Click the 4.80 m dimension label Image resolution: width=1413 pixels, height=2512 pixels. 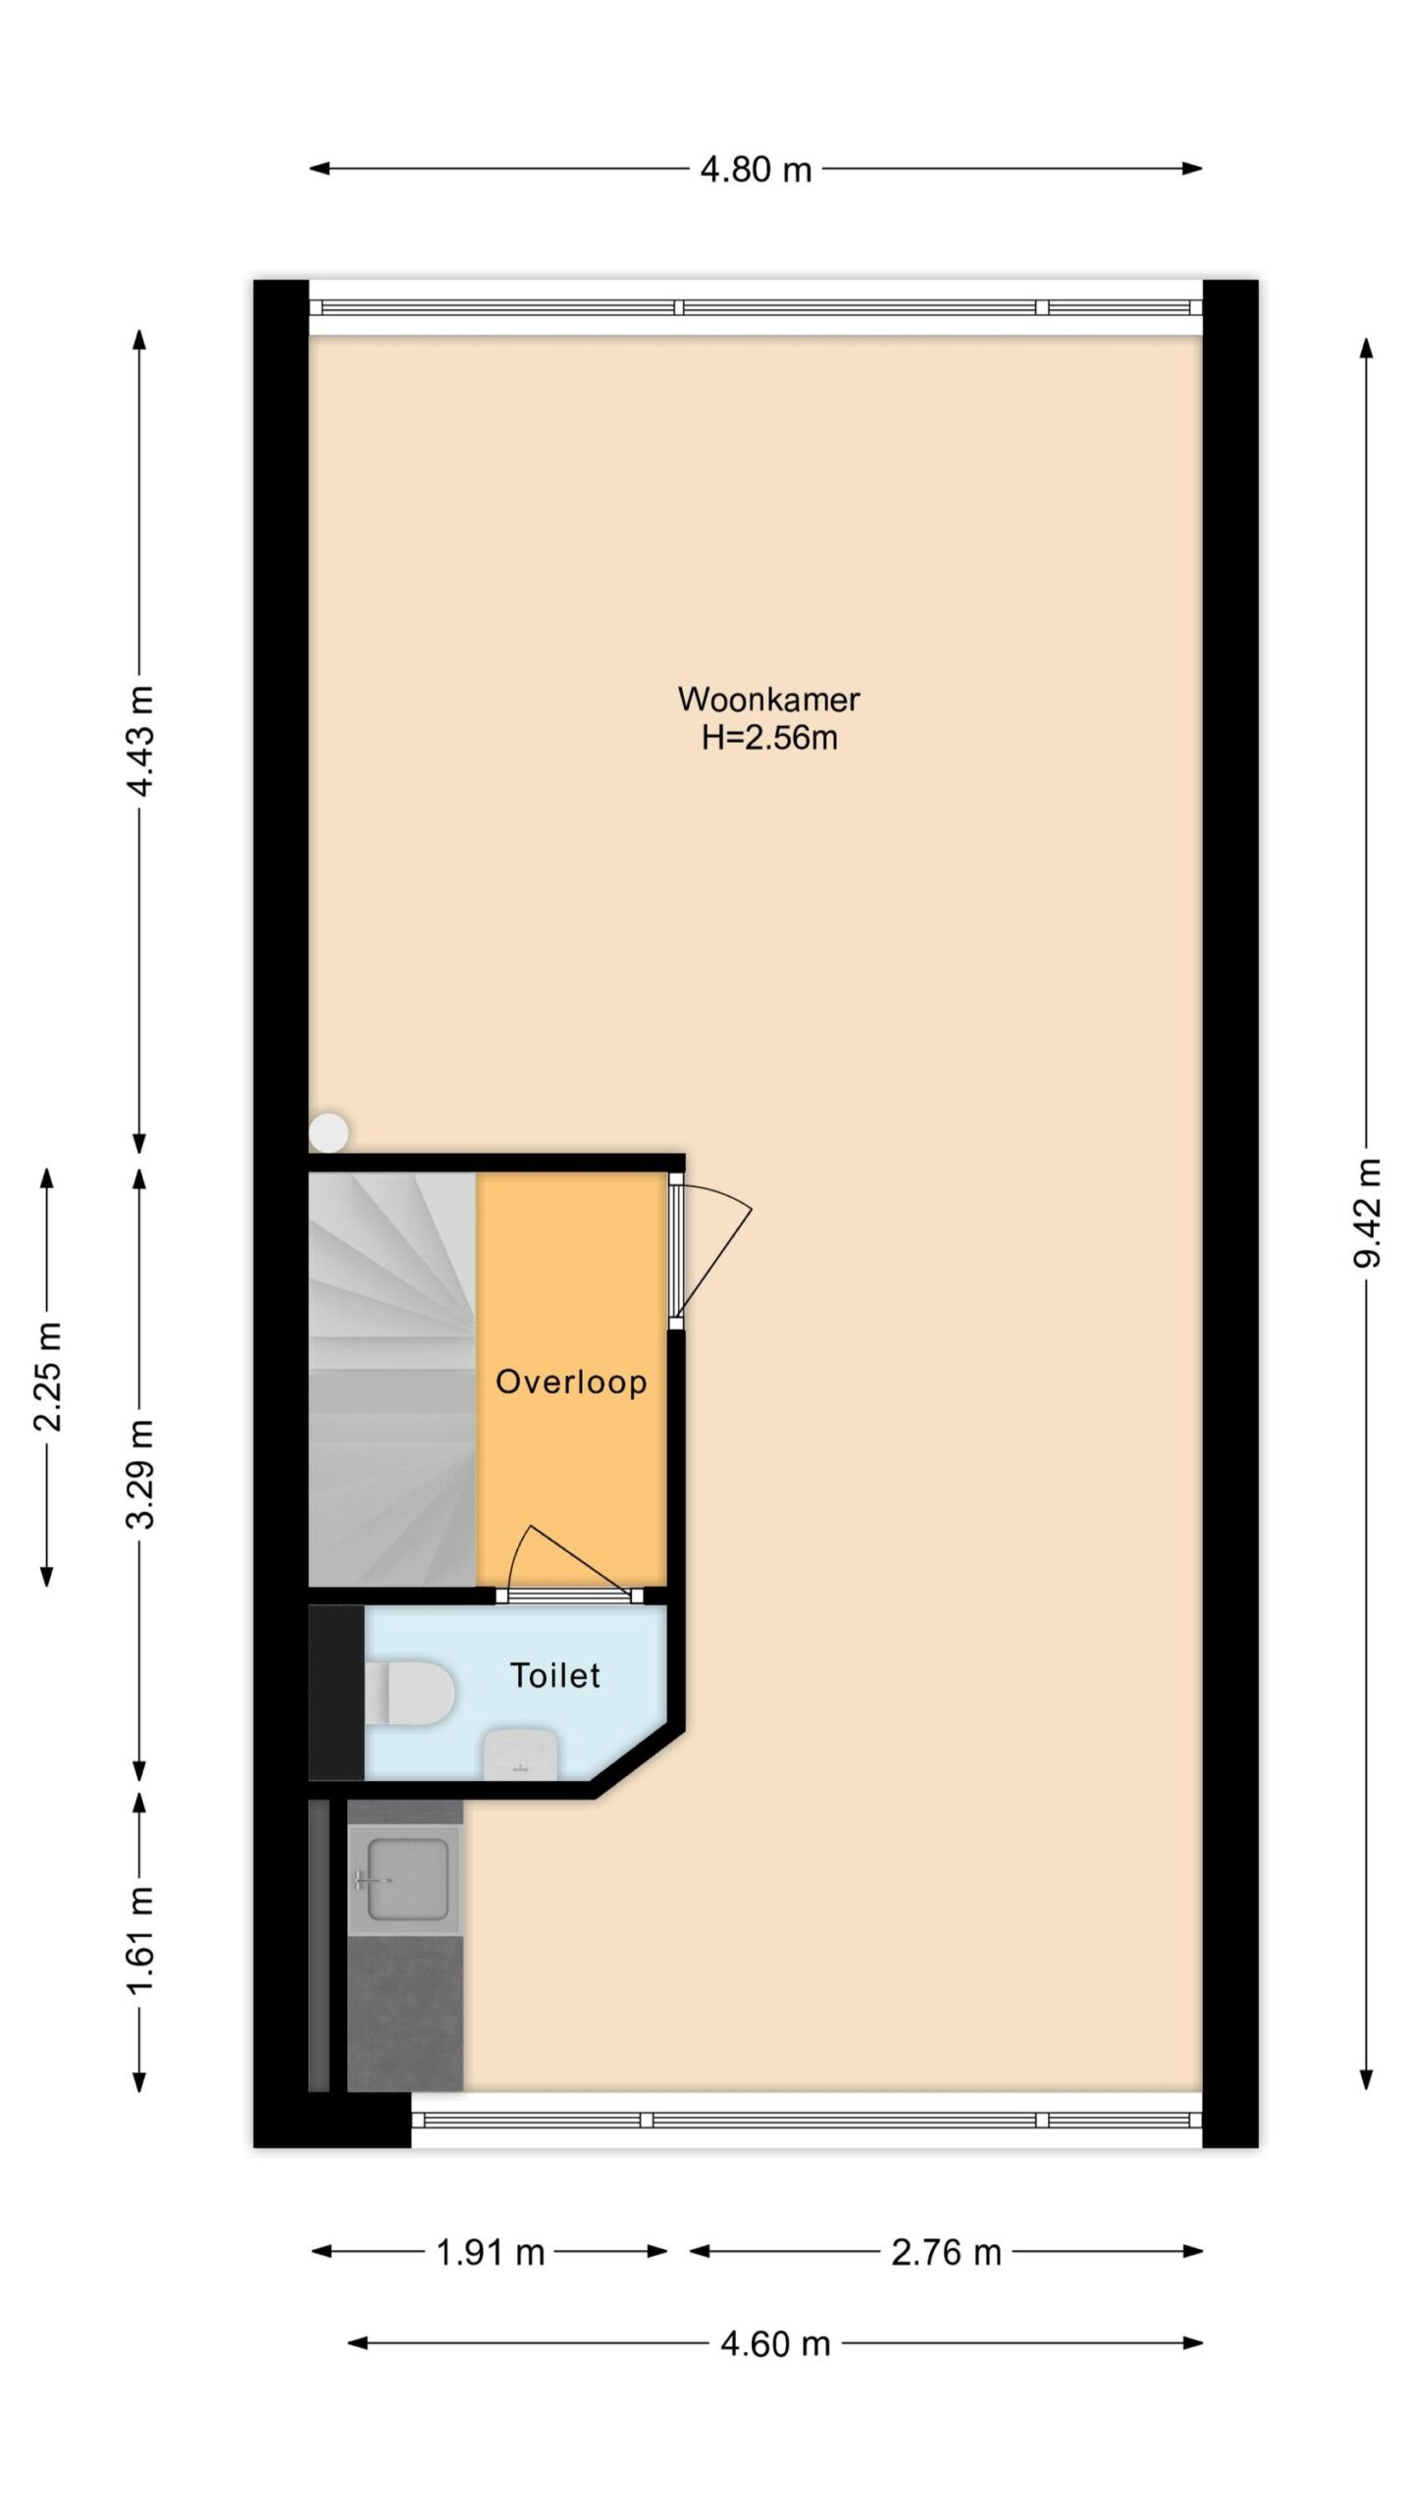point(756,170)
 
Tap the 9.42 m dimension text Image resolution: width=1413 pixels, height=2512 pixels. point(1367,1213)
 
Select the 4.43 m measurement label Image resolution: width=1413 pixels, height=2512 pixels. point(140,742)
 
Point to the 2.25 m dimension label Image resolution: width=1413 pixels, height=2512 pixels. point(48,1376)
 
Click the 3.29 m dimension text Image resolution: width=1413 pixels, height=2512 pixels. point(140,1474)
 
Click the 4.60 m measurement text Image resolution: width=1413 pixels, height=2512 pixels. point(775,2344)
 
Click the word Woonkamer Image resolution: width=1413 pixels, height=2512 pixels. point(768,700)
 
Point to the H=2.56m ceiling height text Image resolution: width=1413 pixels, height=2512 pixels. point(769,738)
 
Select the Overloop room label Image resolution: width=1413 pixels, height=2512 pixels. point(571,1383)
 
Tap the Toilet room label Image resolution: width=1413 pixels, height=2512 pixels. point(554,1675)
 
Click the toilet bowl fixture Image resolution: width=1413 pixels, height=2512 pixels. point(409,1691)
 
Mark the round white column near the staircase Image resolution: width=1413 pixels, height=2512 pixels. point(329,1131)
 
